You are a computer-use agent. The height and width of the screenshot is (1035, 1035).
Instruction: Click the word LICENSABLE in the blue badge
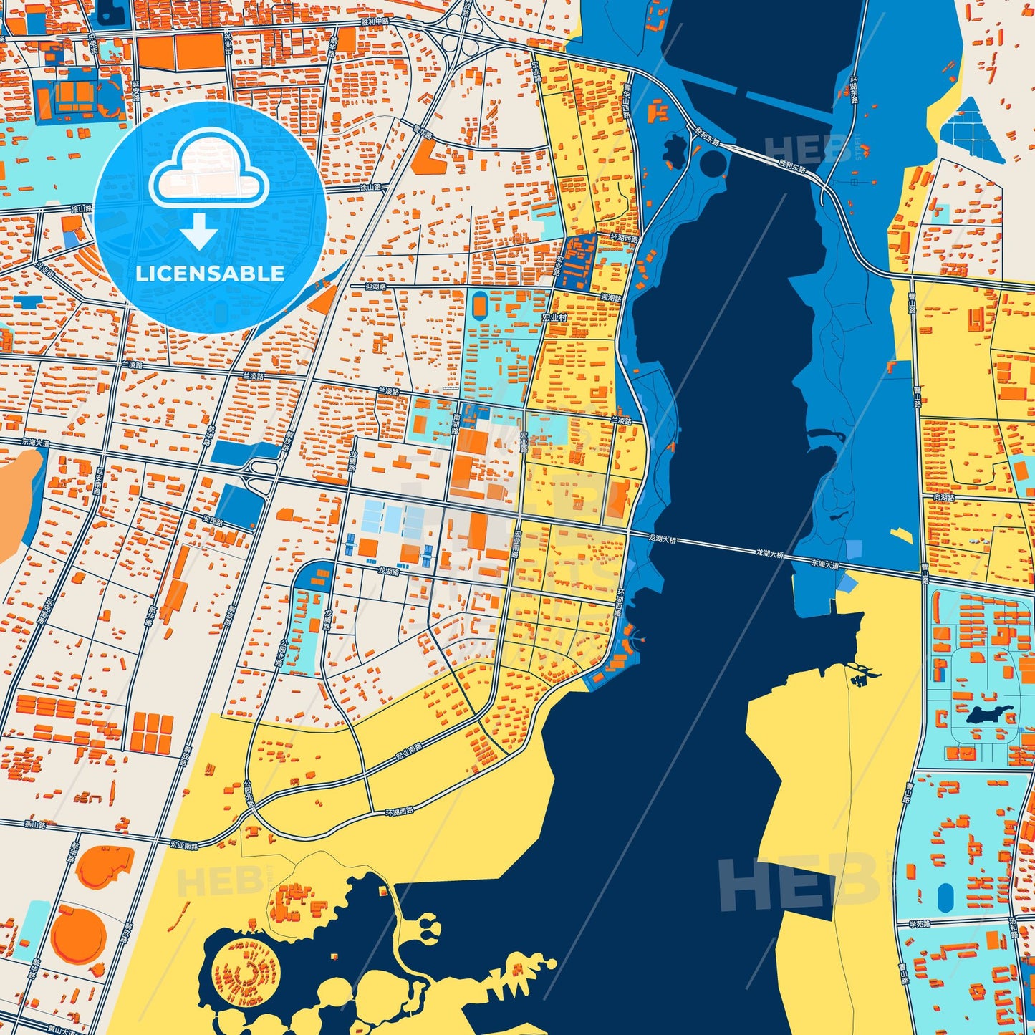pyautogui.click(x=210, y=273)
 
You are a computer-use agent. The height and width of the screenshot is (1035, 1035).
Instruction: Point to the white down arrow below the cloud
pyautogui.click(x=199, y=231)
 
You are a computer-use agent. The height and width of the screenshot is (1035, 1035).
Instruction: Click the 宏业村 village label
pyautogui.click(x=554, y=317)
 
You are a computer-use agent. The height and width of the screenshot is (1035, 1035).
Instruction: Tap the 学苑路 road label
pyautogui.click(x=919, y=924)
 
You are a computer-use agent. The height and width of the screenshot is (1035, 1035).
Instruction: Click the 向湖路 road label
pyautogui.click(x=944, y=497)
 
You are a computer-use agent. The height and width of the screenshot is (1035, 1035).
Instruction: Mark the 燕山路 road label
pyautogui.click(x=34, y=824)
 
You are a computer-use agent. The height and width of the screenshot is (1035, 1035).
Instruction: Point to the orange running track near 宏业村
pyautogui.click(x=478, y=305)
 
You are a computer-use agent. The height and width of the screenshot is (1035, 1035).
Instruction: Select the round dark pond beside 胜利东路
pyautogui.click(x=713, y=163)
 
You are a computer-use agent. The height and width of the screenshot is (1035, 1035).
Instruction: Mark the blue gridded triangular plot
pyautogui.click(x=971, y=130)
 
